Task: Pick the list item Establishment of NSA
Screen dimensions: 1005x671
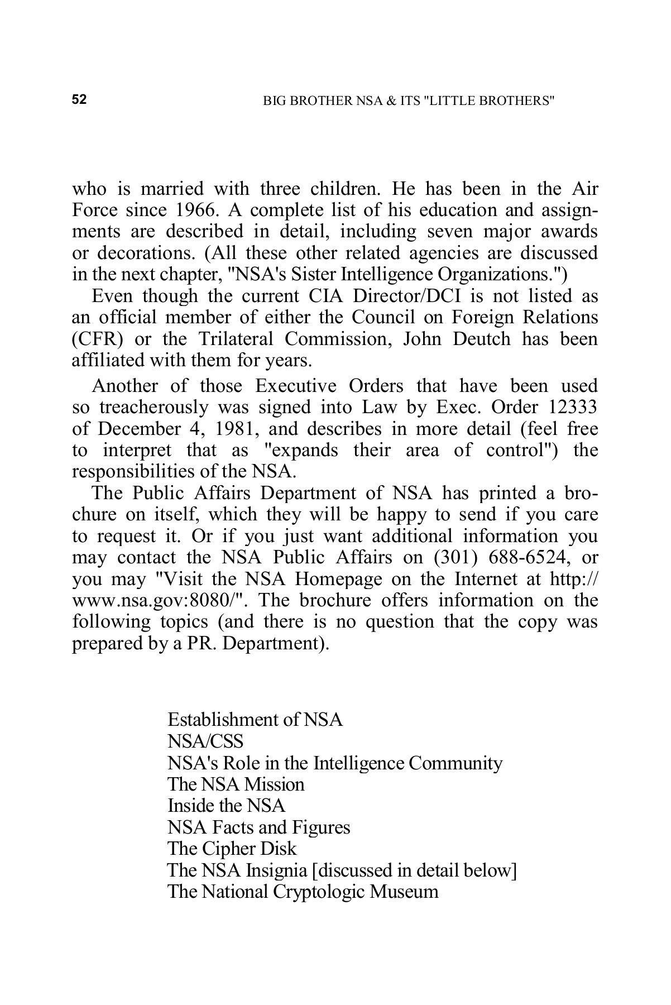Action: (255, 720)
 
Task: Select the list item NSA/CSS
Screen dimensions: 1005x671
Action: (205, 741)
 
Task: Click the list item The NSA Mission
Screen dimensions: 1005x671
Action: (236, 784)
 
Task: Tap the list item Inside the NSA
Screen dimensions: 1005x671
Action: (226, 806)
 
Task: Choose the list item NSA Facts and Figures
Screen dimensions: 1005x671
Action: (258, 827)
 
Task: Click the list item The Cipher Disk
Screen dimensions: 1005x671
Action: (232, 849)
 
